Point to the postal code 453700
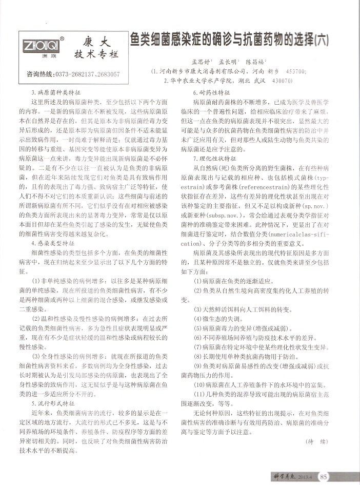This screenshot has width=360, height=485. click(296, 70)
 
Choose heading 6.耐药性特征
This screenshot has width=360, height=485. click(211, 92)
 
